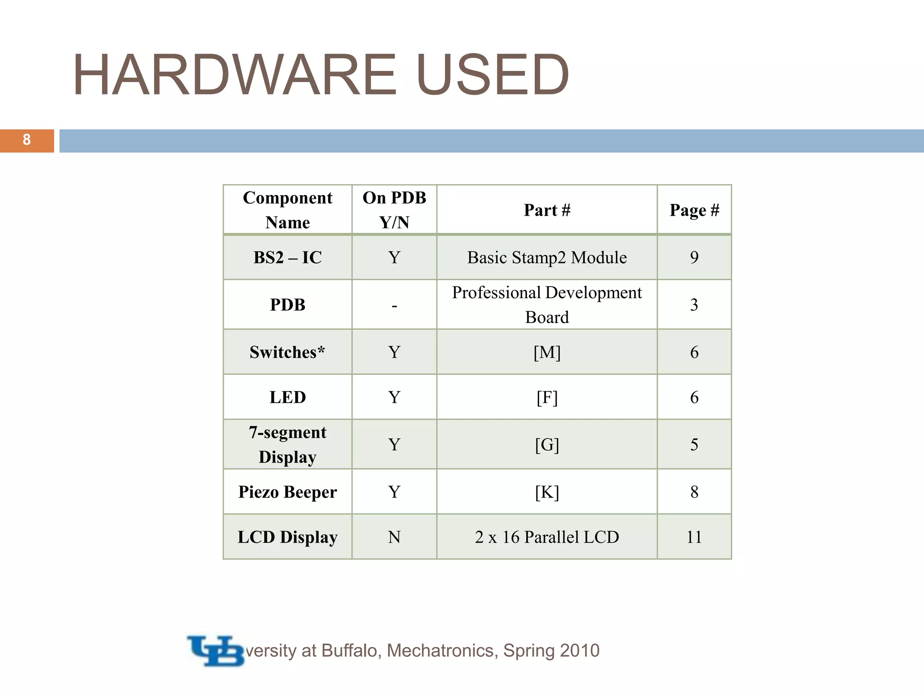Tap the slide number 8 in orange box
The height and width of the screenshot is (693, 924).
point(27,140)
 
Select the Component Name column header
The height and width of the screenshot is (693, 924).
point(287,210)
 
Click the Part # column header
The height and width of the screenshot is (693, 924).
point(547,210)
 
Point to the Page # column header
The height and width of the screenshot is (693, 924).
point(694,210)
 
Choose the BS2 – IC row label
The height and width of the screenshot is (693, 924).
point(287,258)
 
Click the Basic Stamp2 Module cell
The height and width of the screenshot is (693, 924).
point(547,258)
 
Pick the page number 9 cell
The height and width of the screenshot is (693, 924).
point(694,258)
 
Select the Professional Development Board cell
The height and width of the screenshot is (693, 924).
point(547,305)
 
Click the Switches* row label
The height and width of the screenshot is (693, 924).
point(287,352)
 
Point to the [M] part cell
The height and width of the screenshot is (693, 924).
point(547,352)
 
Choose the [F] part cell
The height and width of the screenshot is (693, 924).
point(547,397)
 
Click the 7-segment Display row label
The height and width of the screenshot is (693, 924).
point(287,444)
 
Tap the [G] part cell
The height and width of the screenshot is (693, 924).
point(547,445)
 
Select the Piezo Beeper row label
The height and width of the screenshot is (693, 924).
point(287,492)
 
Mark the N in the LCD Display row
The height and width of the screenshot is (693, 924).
point(394,537)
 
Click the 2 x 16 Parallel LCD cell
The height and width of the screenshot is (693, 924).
point(547,537)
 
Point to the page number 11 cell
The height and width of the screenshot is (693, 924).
point(694,537)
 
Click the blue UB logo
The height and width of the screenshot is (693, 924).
point(216,651)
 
